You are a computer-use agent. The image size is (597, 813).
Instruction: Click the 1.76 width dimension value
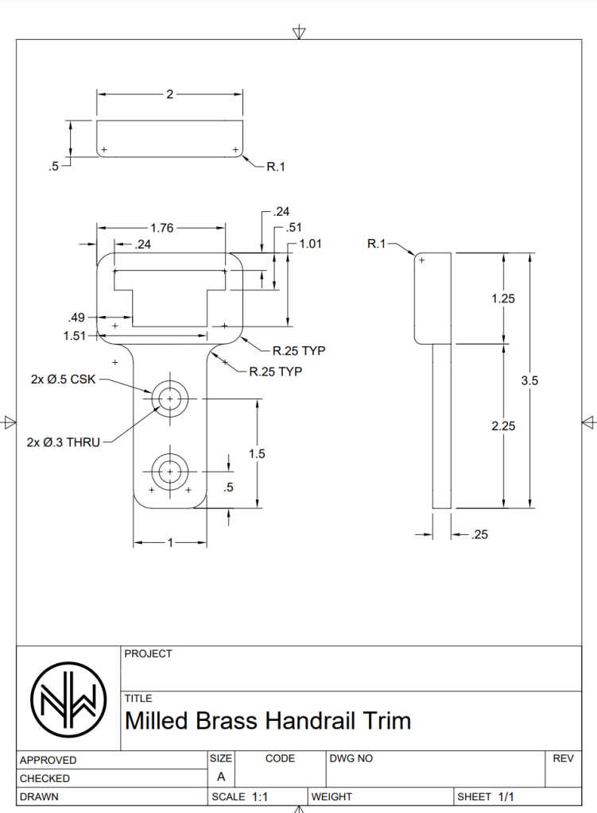coord(161,228)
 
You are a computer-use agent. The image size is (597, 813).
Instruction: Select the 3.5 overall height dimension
coord(529,380)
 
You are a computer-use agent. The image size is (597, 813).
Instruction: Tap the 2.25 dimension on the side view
coord(503,426)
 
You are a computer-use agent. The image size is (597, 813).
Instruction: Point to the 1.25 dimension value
coord(503,299)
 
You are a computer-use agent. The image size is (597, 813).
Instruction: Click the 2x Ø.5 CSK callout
coord(63,380)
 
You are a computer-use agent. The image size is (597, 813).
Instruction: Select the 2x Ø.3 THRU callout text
coord(63,442)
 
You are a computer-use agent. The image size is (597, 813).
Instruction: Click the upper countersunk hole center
coord(169,398)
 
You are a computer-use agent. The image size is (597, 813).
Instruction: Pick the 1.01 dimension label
coord(310,244)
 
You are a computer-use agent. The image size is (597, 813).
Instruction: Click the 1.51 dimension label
coord(74,336)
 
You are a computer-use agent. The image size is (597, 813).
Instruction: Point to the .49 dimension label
coord(76,318)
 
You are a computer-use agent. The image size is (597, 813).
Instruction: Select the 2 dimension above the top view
coord(169,94)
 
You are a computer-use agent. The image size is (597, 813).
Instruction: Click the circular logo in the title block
coord(68,698)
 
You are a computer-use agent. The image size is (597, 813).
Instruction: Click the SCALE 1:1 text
coord(239,796)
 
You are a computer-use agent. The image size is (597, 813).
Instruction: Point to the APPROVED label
coord(48,760)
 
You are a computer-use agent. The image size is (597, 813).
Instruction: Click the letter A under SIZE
coord(220,777)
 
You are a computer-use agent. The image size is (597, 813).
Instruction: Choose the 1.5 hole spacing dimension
coord(257,454)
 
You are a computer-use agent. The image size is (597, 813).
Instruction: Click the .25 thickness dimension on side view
coord(479,535)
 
